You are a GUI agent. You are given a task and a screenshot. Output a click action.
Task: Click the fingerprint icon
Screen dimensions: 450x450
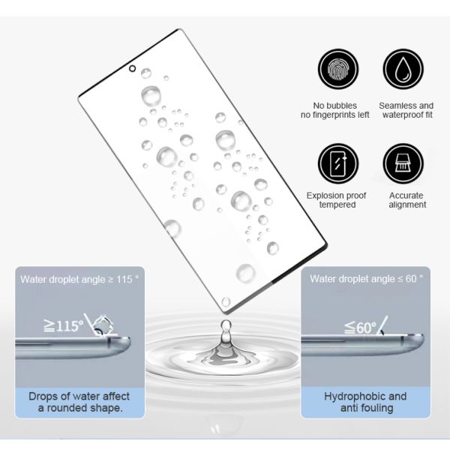[x=338, y=69]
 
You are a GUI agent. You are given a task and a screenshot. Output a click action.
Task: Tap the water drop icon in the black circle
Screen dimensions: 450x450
[x=403, y=69]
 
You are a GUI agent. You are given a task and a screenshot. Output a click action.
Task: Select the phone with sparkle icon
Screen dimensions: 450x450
[x=338, y=163]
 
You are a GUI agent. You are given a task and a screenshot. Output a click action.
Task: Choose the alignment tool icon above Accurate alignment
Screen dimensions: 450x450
[x=403, y=163]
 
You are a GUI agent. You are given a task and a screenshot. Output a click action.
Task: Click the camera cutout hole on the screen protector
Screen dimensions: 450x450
[x=132, y=68]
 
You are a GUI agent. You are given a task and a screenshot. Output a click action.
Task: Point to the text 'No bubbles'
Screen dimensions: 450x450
[x=335, y=106]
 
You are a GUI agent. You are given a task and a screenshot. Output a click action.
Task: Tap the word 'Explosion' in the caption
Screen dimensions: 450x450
[x=324, y=196]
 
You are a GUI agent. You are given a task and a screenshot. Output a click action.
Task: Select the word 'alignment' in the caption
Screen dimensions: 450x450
[x=407, y=205]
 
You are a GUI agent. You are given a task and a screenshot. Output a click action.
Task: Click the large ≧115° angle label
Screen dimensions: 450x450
[x=64, y=326]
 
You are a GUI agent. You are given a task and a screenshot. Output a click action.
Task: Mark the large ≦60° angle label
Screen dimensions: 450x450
[x=361, y=327]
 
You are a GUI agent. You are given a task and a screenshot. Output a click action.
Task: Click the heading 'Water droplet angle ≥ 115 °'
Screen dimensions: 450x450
[x=79, y=279]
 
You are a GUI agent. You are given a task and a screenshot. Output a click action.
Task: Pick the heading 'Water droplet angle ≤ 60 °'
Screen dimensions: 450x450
[x=367, y=279]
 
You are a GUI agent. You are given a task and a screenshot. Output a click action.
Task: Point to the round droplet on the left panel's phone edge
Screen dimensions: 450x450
[x=102, y=325]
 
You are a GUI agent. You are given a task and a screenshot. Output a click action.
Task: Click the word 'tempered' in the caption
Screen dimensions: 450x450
[x=337, y=205]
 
